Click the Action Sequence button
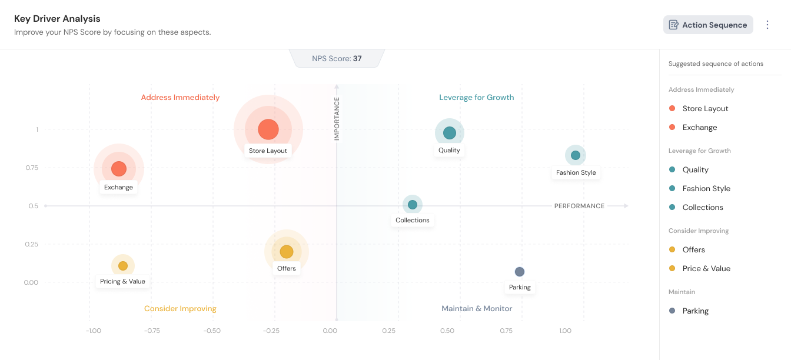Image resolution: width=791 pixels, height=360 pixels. click(708, 25)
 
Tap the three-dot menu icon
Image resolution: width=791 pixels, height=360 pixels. click(767, 25)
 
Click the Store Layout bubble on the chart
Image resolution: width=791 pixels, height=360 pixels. click(268, 129)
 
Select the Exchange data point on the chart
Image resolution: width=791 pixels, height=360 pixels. click(119, 169)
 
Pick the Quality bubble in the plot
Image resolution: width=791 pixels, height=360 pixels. click(450, 133)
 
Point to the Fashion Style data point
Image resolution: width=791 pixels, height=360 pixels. click(576, 155)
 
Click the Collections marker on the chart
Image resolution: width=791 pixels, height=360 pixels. click(413, 205)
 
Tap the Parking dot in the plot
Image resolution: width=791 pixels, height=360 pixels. click(520, 272)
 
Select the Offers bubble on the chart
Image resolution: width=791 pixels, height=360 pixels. click(287, 252)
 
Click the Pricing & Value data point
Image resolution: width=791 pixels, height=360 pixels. click(123, 266)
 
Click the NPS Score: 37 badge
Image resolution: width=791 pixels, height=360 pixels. click(337, 59)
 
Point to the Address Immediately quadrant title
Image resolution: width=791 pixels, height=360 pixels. click(180, 98)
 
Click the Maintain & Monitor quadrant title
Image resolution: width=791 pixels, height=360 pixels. click(477, 309)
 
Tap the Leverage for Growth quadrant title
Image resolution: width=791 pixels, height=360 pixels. click(477, 98)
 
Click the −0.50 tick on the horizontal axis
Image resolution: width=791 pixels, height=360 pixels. click(212, 331)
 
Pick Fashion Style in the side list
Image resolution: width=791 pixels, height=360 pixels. click(706, 189)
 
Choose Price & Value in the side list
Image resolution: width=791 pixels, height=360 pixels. click(706, 269)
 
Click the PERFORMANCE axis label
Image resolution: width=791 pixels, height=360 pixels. click(579, 206)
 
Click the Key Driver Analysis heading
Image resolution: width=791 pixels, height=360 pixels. click(57, 19)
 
